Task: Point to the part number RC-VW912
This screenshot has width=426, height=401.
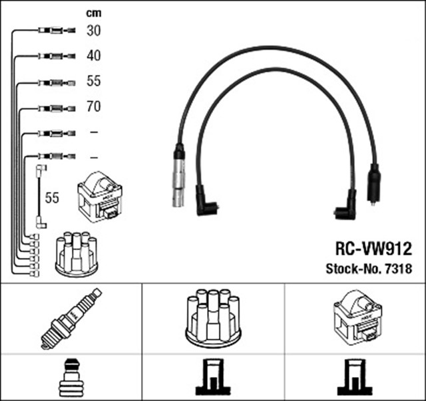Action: click(373, 249)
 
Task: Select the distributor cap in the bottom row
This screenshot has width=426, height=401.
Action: click(213, 318)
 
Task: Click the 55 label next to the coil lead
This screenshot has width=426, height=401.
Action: click(52, 198)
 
